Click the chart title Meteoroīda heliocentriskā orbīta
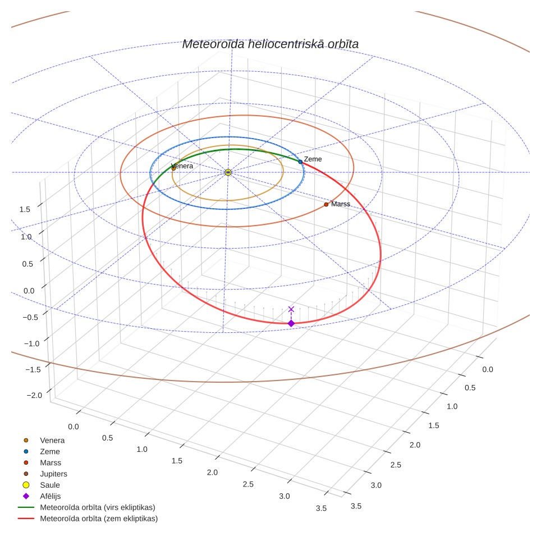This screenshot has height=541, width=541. pos(270,44)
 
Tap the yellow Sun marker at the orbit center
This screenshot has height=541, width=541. pos(228,172)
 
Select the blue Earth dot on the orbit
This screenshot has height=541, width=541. pos(300,162)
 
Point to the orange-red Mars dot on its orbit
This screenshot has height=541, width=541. pos(326,205)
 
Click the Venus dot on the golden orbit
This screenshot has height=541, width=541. pos(173,168)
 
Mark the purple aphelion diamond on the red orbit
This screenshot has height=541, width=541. pos(291,323)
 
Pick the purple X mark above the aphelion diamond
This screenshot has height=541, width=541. pos(291,309)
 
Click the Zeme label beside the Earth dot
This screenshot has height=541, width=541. pos(313,159)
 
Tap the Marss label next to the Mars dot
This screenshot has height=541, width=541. pos(341,204)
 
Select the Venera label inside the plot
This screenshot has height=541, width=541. pos(182,166)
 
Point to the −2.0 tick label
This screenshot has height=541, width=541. pos(34,396)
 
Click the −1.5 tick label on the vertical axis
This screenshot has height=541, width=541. pos(33,369)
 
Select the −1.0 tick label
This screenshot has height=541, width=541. pos(32,343)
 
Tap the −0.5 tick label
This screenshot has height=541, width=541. pos(30,318)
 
